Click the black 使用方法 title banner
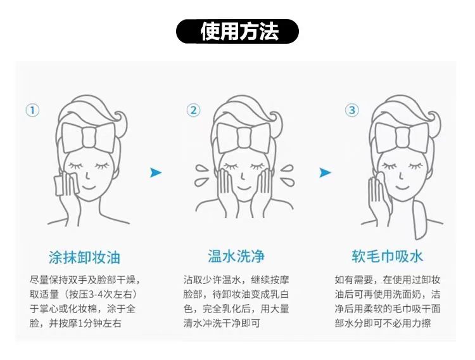237,31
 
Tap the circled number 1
32,110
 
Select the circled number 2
193,110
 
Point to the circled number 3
351,110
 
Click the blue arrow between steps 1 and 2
156,172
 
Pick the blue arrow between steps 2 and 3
325,172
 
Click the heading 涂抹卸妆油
84,257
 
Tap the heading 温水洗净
236,256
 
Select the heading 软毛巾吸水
388,256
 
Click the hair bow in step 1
89,138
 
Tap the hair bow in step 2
244,138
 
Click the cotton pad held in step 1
67,184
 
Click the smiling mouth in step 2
244,188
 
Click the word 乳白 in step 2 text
279,294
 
